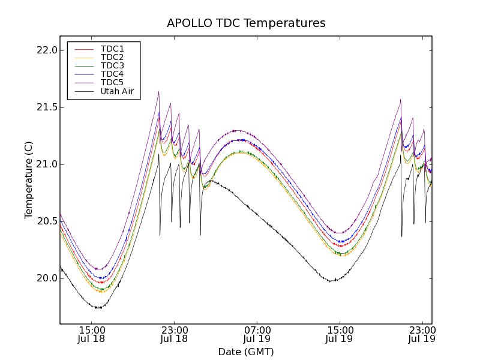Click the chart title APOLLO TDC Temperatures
click(246, 23)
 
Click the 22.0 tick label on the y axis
click(46, 50)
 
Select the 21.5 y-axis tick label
click(46, 107)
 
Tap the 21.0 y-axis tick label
click(46, 164)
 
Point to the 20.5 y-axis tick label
click(46, 221)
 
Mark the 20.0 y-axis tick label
click(46, 278)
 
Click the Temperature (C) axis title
click(29, 180)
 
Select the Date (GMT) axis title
click(246, 352)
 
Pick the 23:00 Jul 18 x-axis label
click(174, 334)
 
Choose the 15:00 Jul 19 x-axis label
click(340, 334)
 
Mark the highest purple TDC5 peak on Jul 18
click(158, 92)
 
